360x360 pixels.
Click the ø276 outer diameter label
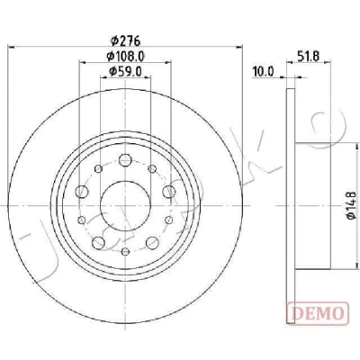point(125,40)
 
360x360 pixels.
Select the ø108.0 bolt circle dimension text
point(126,56)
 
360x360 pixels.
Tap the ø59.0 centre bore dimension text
point(126,71)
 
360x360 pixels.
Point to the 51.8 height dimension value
point(309,56)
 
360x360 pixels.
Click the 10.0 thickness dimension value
point(264,72)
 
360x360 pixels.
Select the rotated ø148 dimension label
point(351,205)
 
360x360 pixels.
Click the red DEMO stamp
point(319,313)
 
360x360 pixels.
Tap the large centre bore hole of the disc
point(125,206)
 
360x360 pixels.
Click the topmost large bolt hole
point(125,159)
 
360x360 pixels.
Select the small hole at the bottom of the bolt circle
point(125,251)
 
